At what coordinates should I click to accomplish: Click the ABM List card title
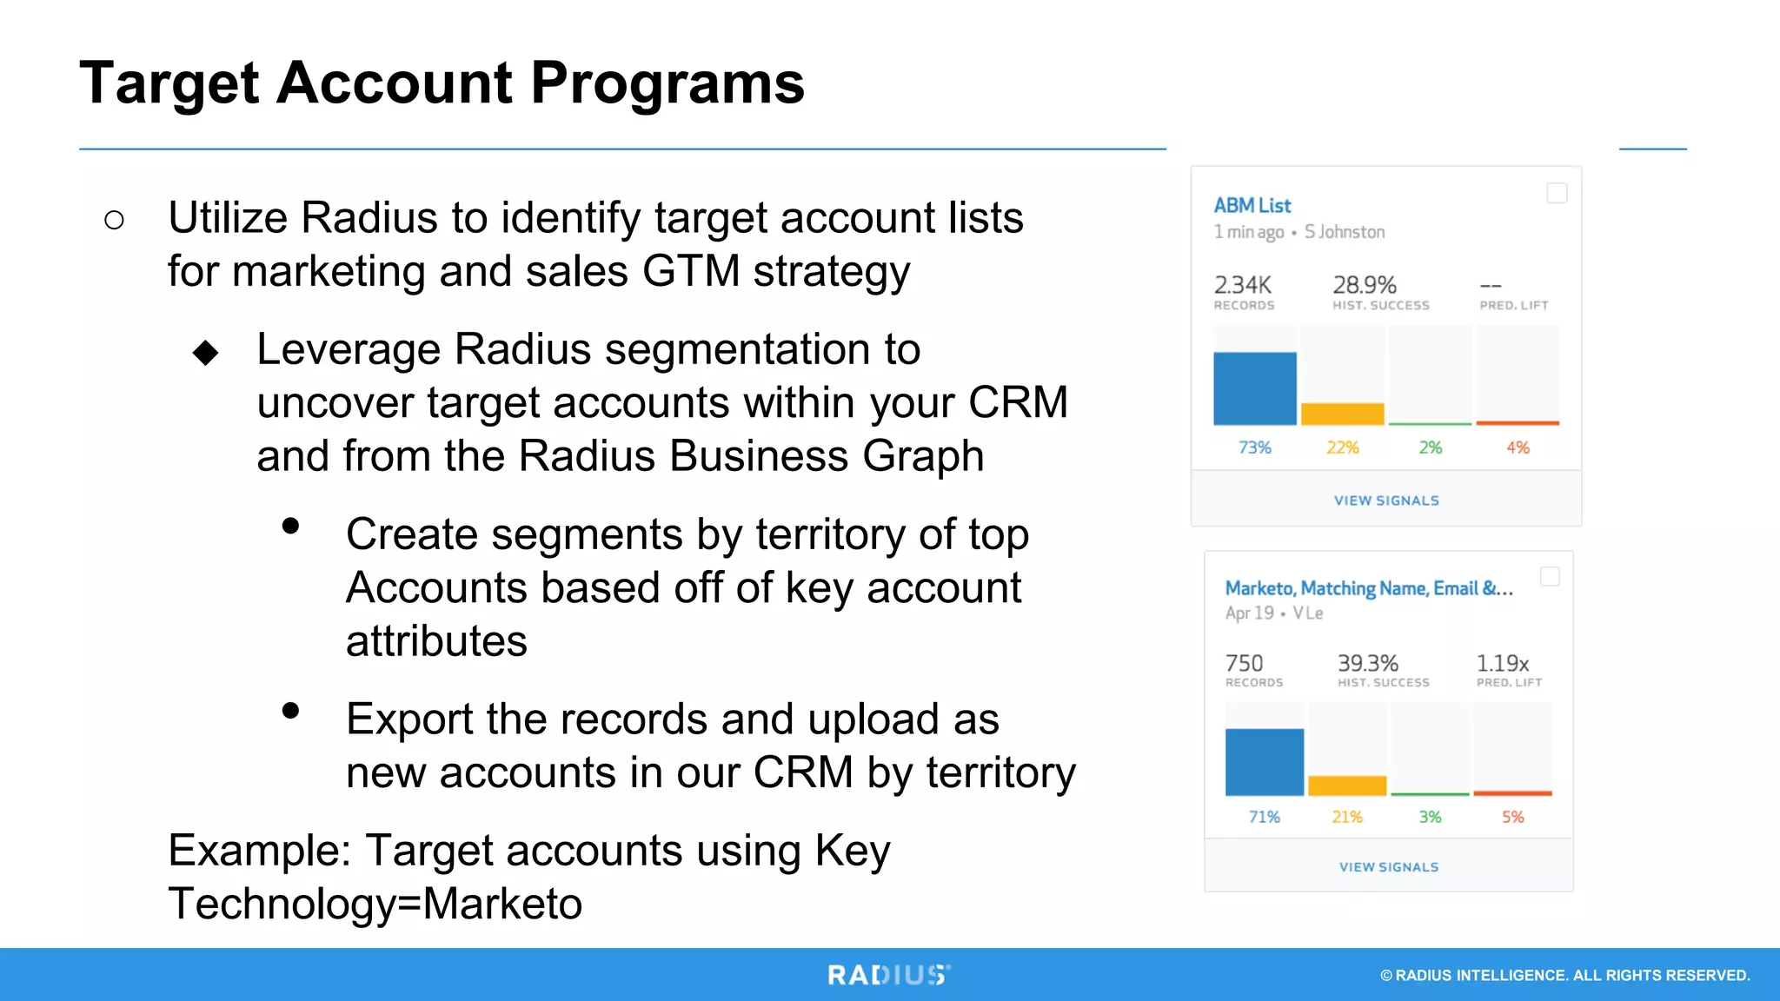point(1252,206)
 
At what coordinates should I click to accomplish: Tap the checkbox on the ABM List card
point(1557,193)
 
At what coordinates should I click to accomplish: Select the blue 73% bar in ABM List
point(1254,388)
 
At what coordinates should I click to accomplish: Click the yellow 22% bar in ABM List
point(1342,414)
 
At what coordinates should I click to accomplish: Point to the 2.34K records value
point(1242,285)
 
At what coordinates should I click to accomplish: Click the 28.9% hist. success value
point(1364,285)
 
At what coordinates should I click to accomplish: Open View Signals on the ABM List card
point(1386,500)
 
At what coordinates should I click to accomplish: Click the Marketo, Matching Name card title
point(1368,588)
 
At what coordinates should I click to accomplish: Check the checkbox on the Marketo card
point(1550,577)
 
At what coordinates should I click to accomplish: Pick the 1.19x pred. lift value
point(1502,664)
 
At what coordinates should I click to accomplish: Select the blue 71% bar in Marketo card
point(1264,762)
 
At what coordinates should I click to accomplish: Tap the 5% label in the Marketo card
point(1512,817)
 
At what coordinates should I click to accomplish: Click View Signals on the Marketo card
point(1388,867)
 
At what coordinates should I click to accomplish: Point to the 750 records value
point(1244,664)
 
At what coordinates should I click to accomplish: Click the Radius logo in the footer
point(888,975)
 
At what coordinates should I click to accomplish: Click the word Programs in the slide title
point(667,83)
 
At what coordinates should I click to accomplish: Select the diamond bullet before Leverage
point(206,353)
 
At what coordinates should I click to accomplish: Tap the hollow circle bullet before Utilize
point(114,220)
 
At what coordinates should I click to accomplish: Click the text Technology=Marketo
point(375,904)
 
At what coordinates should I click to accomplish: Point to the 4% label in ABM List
point(1518,447)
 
